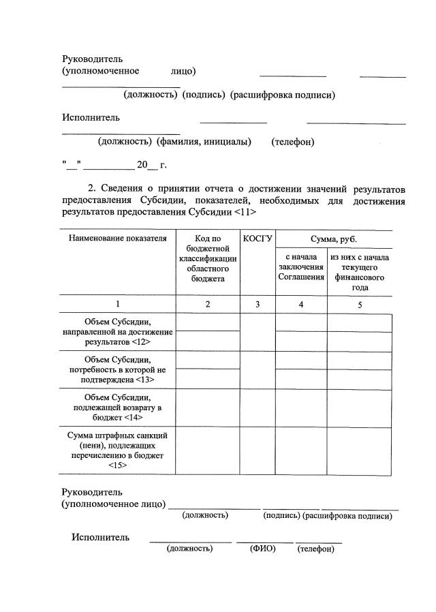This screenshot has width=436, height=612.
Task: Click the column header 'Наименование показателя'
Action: coord(117,239)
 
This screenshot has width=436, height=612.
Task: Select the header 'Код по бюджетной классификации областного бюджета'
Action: coord(208,258)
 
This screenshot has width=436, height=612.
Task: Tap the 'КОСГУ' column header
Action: coord(258,239)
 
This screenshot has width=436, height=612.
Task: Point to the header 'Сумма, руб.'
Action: coord(334,239)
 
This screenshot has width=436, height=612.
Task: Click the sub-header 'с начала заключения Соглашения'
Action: coord(300,267)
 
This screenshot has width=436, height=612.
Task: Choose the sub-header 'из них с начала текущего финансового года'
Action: coord(359,273)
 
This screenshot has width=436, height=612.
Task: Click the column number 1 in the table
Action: coord(117,305)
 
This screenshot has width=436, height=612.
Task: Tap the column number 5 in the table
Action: coord(359,305)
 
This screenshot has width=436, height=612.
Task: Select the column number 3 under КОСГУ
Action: coord(258,305)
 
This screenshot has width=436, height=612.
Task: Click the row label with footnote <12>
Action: coord(117,331)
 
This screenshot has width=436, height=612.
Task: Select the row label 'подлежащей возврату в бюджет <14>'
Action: coord(117,408)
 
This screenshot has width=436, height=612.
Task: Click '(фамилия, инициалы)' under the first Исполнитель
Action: coord(204,142)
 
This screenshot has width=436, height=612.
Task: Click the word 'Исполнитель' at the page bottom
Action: coord(100,537)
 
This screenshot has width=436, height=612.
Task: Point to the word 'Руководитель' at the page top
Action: coord(92,59)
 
